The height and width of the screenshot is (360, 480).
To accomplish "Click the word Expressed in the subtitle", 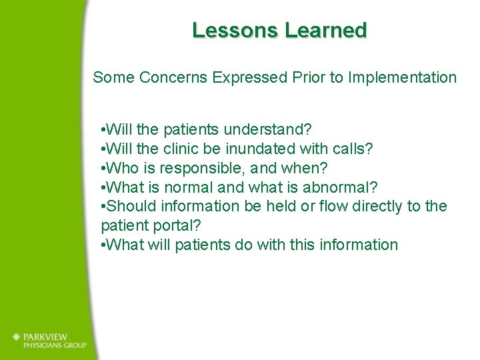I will pos(250,78).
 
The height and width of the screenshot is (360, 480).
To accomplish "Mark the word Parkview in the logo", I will pos(48,337).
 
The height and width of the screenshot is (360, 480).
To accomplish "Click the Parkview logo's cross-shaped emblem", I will pos(17,337).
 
